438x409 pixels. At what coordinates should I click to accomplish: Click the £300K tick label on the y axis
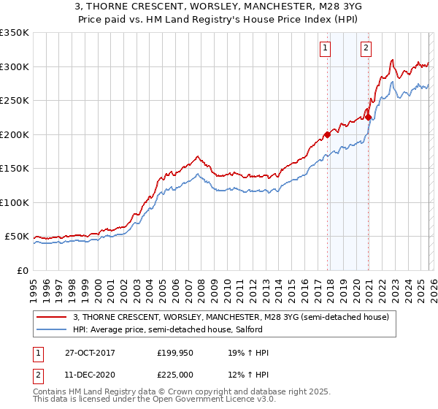point(15,66)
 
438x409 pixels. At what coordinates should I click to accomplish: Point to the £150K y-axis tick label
point(15,168)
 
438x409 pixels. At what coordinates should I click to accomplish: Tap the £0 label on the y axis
point(22,270)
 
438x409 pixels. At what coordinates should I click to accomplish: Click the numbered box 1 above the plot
point(324,49)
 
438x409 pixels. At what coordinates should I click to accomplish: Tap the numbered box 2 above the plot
point(365,49)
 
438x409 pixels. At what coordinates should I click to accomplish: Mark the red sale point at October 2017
point(328,134)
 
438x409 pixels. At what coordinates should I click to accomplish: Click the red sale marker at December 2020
point(369,117)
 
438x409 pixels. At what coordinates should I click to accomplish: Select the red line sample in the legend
point(52,317)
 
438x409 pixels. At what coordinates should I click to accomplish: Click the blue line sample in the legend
point(52,330)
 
